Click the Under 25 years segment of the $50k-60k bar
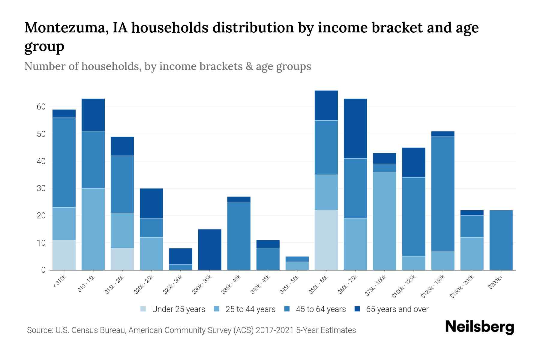326,240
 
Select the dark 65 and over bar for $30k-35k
210,250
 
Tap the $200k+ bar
501,240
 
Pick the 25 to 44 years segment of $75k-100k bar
384,221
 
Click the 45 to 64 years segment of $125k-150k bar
442,194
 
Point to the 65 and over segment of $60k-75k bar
355,128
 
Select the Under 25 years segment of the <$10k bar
64,255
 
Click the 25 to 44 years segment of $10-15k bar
93,229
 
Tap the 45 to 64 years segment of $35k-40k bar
239,236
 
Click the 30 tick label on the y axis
41,188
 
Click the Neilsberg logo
480,327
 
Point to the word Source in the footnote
39,330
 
